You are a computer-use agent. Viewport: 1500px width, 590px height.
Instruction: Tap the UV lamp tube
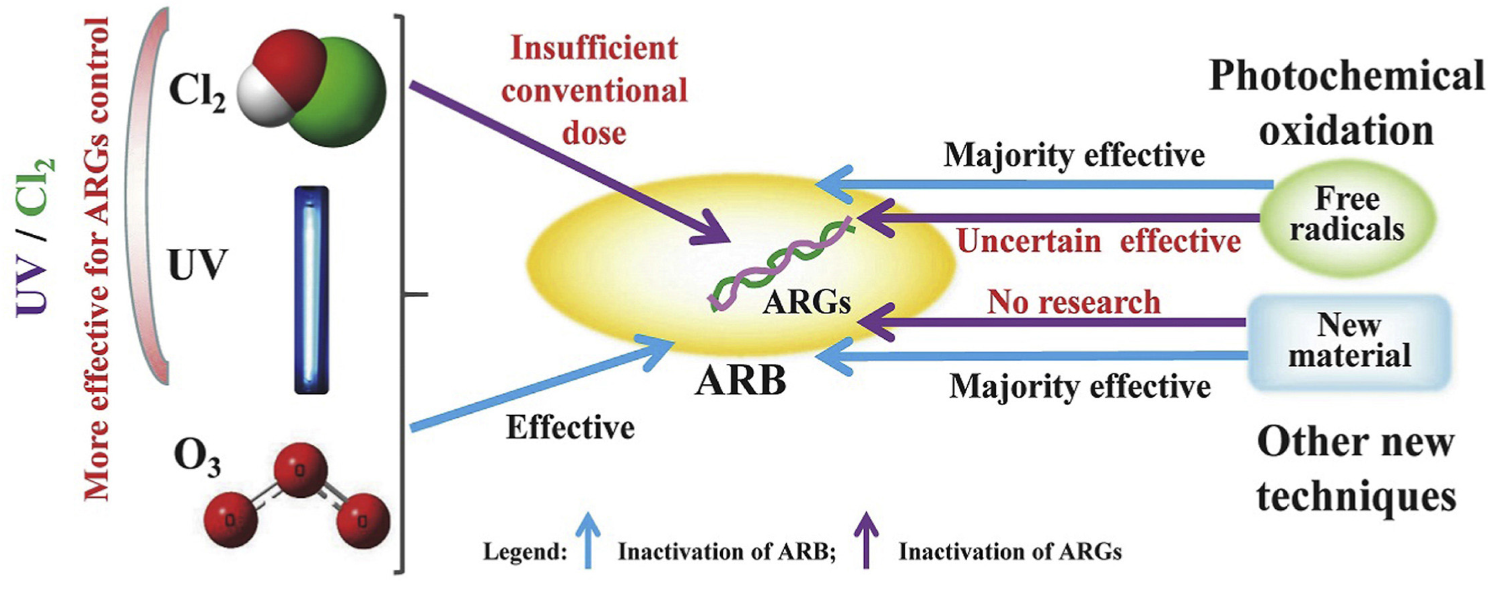(311, 290)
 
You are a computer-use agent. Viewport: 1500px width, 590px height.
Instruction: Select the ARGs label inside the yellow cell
(806, 302)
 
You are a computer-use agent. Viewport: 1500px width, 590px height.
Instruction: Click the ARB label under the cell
(741, 381)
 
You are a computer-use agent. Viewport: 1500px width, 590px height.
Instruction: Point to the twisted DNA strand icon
(780, 262)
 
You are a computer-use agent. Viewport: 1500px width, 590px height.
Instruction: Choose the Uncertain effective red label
(1098, 241)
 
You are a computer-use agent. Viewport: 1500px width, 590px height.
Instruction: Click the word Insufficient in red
(594, 48)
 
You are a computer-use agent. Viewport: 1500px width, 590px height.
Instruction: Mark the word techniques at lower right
(1356, 496)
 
